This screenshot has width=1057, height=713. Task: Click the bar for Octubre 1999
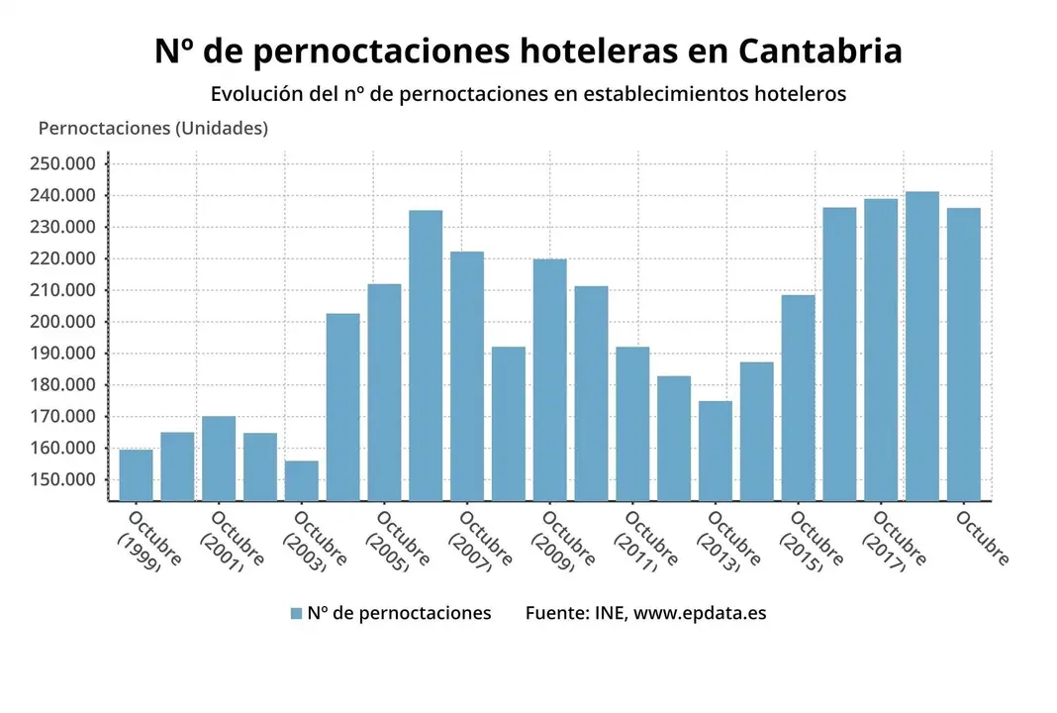(x=137, y=475)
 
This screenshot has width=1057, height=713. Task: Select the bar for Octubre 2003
(x=302, y=480)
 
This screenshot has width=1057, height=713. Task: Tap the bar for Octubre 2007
(x=467, y=376)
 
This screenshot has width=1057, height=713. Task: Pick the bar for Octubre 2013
(x=716, y=451)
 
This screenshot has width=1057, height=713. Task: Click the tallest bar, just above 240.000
(x=922, y=347)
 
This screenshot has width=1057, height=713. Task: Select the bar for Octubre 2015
(x=798, y=396)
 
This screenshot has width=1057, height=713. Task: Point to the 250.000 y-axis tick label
(x=62, y=163)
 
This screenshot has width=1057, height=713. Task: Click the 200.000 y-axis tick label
(x=62, y=322)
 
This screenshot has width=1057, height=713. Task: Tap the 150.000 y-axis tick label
(x=62, y=480)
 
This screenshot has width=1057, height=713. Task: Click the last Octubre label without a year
(x=983, y=539)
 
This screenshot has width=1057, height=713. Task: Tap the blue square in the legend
(x=296, y=613)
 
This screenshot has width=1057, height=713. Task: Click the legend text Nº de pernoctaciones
(x=399, y=613)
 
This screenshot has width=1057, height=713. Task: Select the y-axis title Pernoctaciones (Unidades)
(x=152, y=129)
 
